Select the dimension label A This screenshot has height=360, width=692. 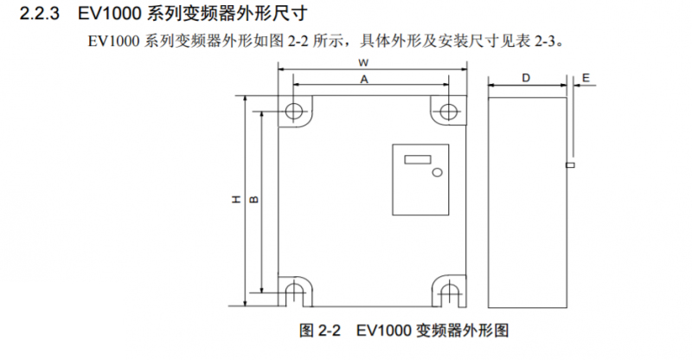click(x=364, y=78)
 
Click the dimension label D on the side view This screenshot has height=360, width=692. click(x=526, y=78)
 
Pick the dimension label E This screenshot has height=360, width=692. click(x=586, y=78)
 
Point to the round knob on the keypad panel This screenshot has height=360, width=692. click(x=437, y=172)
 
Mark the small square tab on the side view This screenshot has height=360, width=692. click(x=569, y=164)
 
